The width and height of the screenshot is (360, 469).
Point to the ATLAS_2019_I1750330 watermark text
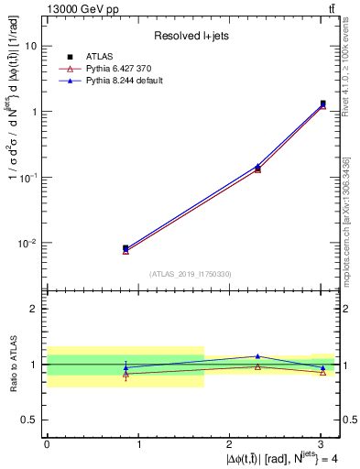tap(191, 274)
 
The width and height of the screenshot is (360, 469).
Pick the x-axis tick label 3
tap(321, 444)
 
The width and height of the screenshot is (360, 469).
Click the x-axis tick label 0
tap(47, 444)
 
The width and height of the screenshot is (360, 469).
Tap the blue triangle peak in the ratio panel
tap(257, 356)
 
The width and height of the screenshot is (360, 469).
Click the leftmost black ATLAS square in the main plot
tap(125, 248)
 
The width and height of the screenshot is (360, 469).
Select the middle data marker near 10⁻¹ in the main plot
tap(257, 169)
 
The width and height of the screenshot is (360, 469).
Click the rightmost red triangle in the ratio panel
tap(322, 372)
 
